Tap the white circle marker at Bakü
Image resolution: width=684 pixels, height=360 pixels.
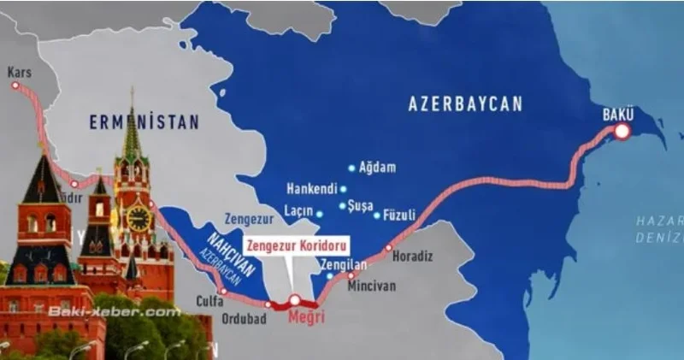pyautogui.click(x=622, y=131)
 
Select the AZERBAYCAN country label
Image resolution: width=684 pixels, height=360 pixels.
pyautogui.click(x=464, y=104)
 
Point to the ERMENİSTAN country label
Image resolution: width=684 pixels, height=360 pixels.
pyautogui.click(x=144, y=122)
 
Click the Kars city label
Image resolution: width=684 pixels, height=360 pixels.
pyautogui.click(x=19, y=74)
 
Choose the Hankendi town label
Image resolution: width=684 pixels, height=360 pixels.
pyautogui.click(x=315, y=189)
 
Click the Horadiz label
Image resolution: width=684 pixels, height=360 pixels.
pyautogui.click(x=416, y=256)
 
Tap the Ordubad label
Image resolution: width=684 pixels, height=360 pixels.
pyautogui.click(x=245, y=319)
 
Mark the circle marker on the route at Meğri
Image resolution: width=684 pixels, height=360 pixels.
pyautogui.click(x=295, y=301)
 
